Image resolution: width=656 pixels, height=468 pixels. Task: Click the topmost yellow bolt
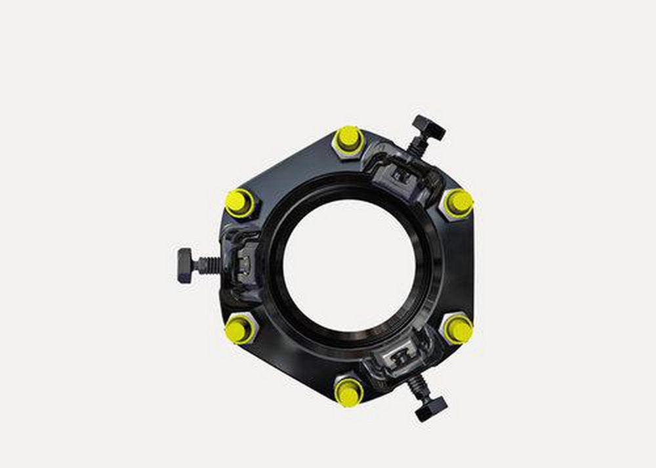[348, 138]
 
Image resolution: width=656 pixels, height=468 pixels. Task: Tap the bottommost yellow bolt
[348, 391]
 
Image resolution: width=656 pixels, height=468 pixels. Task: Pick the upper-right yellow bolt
[458, 202]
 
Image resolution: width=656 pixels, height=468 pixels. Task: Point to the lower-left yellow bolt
[239, 328]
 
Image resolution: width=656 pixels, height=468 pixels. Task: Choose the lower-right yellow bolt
[457, 328]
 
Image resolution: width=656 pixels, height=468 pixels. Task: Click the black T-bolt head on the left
[184, 265]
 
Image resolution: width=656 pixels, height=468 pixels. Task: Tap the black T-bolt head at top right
[429, 127]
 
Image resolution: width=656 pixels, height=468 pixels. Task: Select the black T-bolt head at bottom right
[430, 407]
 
